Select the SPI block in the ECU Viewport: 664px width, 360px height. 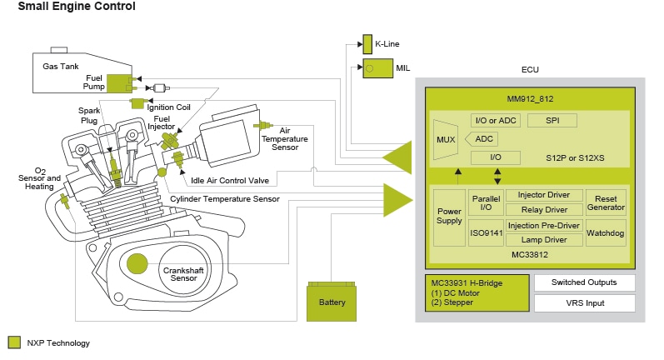552,121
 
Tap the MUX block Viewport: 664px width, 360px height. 445,139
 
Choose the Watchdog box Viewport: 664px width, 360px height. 606,233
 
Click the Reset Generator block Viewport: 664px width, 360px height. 606,202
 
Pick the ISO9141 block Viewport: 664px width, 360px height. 485,233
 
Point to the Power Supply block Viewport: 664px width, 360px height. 449,216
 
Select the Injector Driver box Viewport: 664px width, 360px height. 543,195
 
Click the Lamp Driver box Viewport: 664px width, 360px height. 543,239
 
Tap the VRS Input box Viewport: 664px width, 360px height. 584,303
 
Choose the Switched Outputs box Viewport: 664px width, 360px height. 584,282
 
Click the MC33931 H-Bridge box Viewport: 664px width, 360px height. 476,292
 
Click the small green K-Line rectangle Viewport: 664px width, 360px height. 367,42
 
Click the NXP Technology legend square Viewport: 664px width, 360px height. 14,342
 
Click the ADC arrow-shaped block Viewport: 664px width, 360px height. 482,139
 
